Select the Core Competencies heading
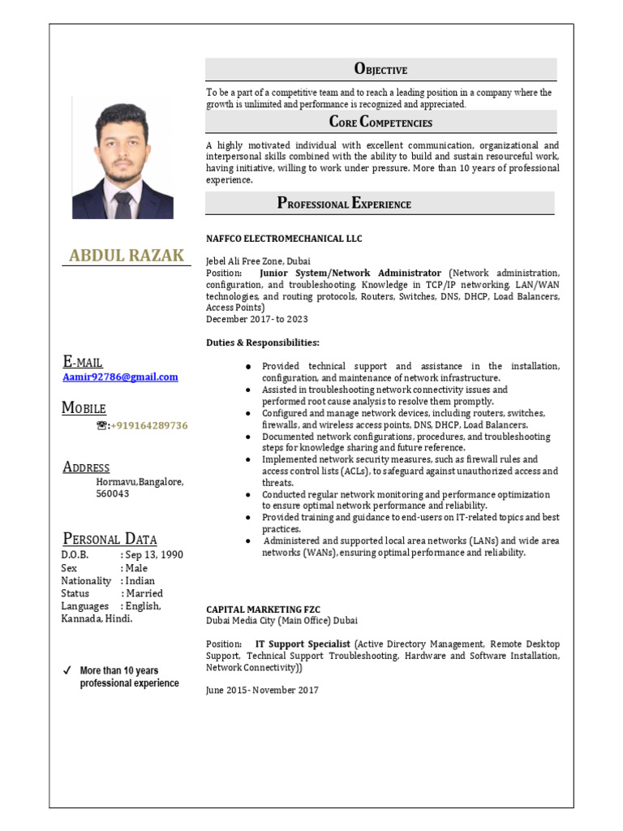pos(380,123)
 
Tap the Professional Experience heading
pos(344,204)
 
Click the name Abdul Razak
pos(127,256)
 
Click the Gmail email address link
pos(120,377)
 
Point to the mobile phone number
pos(149,425)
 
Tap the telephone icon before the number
pos(101,425)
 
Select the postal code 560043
pos(113,493)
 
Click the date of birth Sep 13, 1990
pos(153,555)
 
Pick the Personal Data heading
pos(110,539)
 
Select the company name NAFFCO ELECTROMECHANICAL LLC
pos(284,239)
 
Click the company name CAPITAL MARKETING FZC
pos(263,609)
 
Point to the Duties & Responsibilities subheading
pos(263,342)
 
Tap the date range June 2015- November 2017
pos(262,690)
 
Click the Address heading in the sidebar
pos(86,467)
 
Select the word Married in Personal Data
pos(144,593)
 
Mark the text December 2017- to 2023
pos(256,319)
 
